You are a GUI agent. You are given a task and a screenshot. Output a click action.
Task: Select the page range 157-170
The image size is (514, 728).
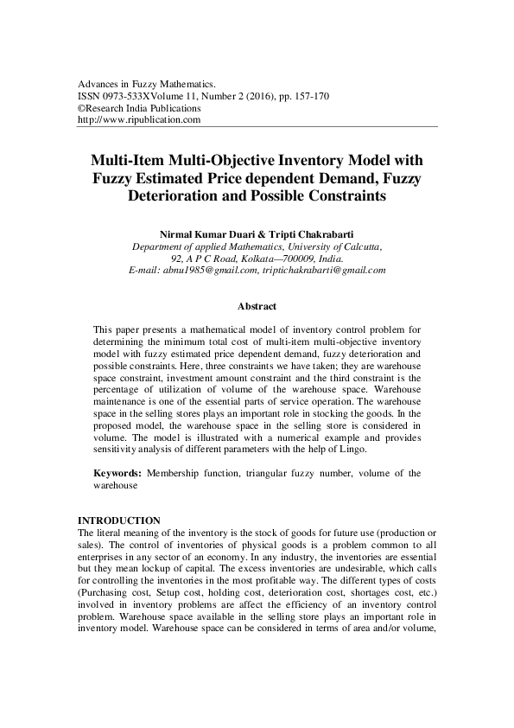point(300,95)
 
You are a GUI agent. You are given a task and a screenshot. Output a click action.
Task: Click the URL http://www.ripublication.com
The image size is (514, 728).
point(139,120)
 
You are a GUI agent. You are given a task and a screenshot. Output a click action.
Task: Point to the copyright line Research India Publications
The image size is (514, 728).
point(143,108)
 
